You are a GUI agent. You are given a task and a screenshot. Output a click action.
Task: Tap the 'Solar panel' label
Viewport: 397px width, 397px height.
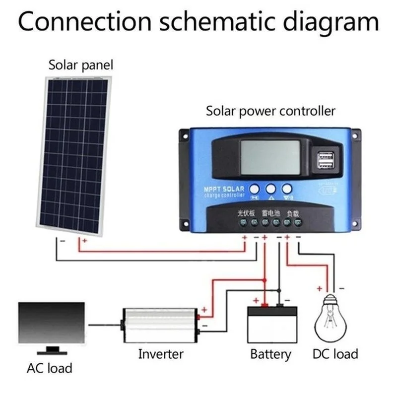(x=80, y=65)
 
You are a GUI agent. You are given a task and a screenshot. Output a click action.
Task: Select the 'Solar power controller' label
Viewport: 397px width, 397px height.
(x=270, y=111)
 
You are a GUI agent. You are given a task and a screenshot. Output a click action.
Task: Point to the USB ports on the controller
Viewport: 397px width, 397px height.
(x=325, y=160)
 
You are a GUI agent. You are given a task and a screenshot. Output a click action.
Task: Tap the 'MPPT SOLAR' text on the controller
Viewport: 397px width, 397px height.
(x=224, y=190)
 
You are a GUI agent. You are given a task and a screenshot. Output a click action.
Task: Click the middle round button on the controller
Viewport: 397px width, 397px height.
(x=270, y=189)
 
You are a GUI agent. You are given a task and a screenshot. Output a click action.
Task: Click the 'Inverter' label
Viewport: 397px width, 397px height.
(x=160, y=354)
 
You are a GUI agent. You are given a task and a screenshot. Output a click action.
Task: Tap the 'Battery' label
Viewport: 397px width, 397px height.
(x=270, y=354)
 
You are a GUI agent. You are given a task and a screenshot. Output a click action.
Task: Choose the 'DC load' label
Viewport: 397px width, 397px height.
(x=335, y=354)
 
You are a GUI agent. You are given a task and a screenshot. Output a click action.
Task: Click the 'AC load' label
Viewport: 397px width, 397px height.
(x=49, y=368)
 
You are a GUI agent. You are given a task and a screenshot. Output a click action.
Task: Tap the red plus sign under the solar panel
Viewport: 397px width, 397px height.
(x=84, y=241)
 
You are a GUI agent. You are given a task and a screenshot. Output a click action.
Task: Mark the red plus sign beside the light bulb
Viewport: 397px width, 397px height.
(x=320, y=288)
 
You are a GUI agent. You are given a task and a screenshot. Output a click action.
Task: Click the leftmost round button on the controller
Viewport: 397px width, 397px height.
(x=254, y=189)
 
